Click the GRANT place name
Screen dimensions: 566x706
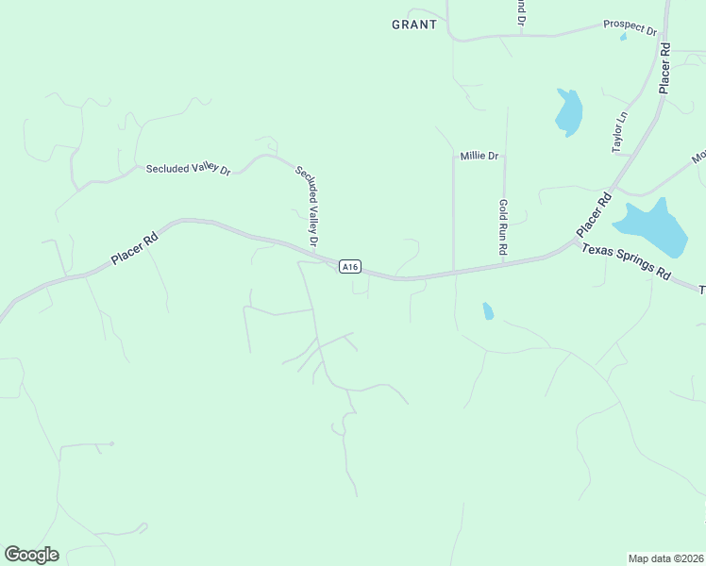pos(414,25)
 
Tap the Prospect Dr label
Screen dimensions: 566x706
pos(630,27)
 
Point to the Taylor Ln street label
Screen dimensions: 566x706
pos(619,133)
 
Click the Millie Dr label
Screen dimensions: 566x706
pos(479,156)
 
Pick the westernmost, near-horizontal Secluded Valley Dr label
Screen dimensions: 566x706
pos(188,169)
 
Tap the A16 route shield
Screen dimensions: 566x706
pos(350,267)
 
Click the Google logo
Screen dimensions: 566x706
pos(31,555)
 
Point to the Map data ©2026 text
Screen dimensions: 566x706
pos(666,558)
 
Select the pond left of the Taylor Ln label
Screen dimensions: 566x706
pos(569,113)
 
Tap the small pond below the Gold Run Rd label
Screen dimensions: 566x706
pos(488,310)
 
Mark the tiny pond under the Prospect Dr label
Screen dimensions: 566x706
pos(623,38)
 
